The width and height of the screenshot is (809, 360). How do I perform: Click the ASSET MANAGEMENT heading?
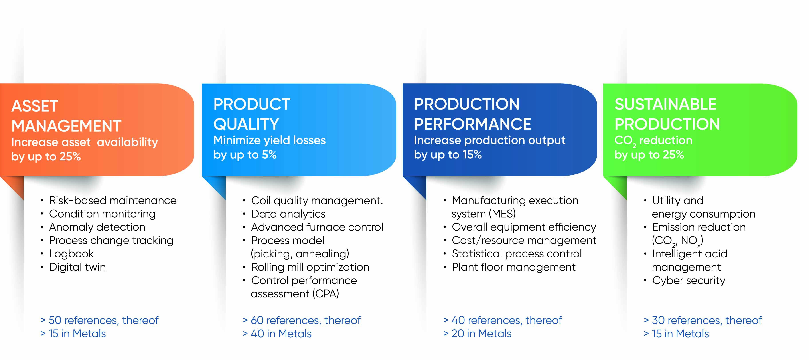(66, 116)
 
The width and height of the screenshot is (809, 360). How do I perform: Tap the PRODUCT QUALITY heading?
(252, 114)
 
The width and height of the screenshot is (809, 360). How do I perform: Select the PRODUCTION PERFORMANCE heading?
(473, 114)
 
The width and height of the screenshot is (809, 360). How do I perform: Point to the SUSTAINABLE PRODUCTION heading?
(667, 114)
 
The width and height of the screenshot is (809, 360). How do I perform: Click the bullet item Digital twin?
(77, 267)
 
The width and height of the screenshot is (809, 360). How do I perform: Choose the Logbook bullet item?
(71, 253)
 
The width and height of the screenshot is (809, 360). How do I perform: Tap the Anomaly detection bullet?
(97, 227)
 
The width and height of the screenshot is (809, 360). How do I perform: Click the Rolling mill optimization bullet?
(310, 267)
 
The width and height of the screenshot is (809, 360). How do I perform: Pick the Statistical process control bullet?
(517, 253)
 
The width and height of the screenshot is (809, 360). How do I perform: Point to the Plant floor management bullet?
(513, 267)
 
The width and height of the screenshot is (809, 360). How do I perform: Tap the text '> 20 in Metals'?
(477, 334)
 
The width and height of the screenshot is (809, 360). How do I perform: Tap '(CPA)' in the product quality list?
(326, 294)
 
